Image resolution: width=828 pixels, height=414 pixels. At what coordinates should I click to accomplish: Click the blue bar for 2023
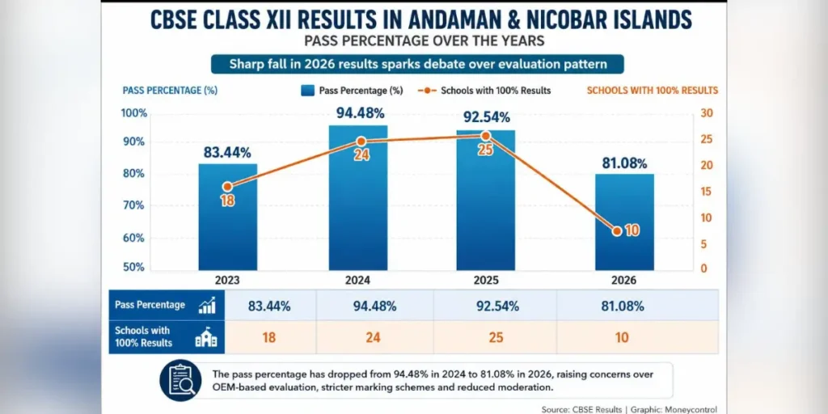(227, 217)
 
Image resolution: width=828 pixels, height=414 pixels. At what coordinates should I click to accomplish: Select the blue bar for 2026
(625, 222)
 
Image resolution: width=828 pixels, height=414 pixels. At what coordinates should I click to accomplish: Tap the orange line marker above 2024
(361, 142)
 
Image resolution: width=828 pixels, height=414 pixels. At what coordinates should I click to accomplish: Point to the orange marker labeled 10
(617, 231)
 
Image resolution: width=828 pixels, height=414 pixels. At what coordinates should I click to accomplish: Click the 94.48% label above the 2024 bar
(361, 113)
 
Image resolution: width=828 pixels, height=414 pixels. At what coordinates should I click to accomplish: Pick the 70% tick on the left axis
(133, 205)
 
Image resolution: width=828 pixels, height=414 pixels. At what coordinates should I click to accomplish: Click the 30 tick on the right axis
(707, 113)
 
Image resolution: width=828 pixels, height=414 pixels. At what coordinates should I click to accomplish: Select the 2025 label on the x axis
(486, 280)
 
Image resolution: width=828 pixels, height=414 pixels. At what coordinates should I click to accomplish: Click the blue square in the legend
(308, 91)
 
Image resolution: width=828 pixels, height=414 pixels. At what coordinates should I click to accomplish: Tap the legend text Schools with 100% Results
(496, 91)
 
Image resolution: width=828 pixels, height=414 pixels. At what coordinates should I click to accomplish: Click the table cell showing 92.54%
(496, 305)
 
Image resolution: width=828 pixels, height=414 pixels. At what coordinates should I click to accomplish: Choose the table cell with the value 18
(269, 337)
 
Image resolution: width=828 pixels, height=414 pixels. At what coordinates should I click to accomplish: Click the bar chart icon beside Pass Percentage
(206, 305)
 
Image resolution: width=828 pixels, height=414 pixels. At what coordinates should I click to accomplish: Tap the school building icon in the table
(206, 337)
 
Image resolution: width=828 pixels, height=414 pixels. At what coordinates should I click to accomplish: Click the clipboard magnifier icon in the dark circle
(180, 380)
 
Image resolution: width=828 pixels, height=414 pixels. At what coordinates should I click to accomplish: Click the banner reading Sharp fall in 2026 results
(417, 65)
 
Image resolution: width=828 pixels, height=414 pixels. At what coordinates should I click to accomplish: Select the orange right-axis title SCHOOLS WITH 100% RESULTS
(653, 91)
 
